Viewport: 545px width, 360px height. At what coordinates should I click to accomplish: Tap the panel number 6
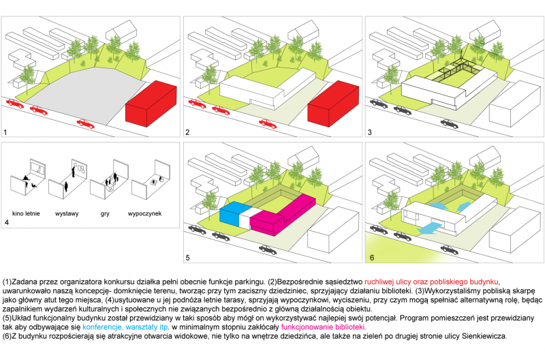(x=371, y=258)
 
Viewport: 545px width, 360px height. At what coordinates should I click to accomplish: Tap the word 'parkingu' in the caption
(x=246, y=282)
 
